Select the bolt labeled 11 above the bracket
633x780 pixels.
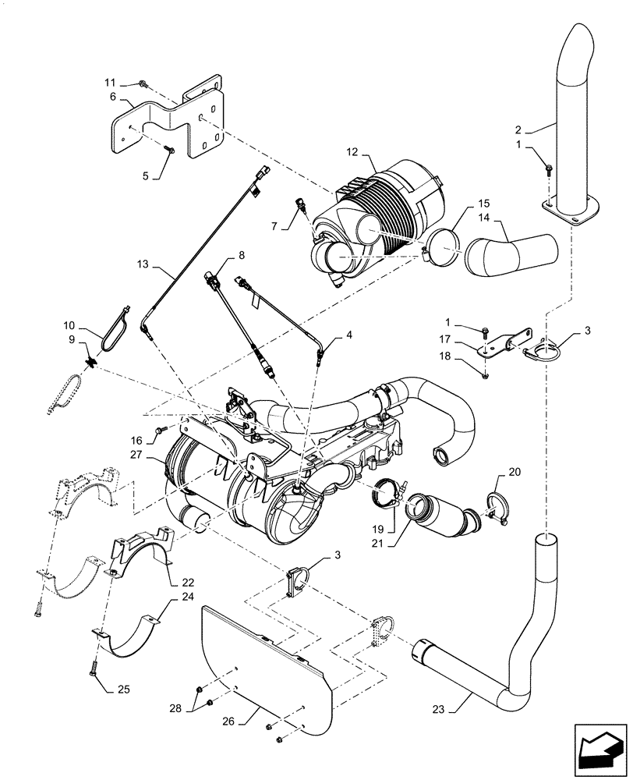(143, 83)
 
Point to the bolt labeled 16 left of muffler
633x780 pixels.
(162, 430)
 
